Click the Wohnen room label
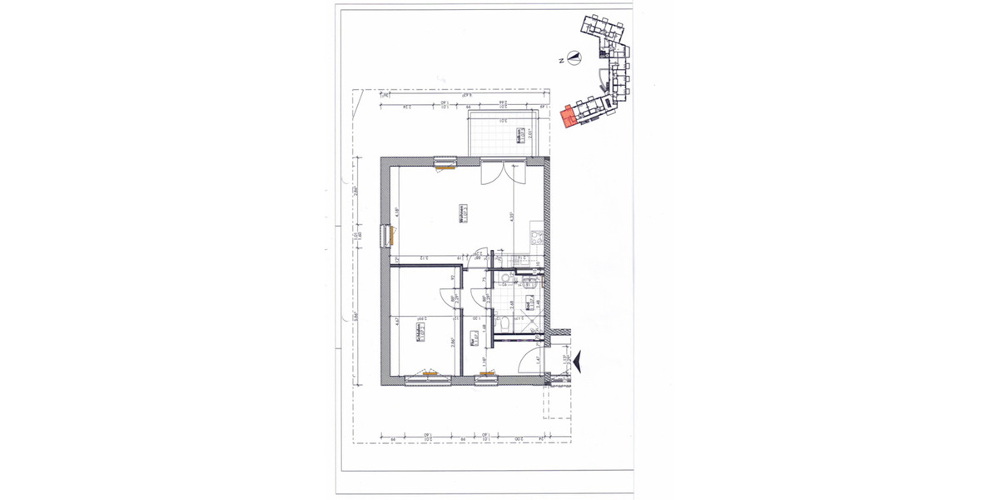coord(465,214)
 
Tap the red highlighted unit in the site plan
coord(569,117)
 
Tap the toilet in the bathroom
coord(502,323)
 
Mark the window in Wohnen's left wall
coord(385,235)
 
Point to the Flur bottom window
coord(485,380)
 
